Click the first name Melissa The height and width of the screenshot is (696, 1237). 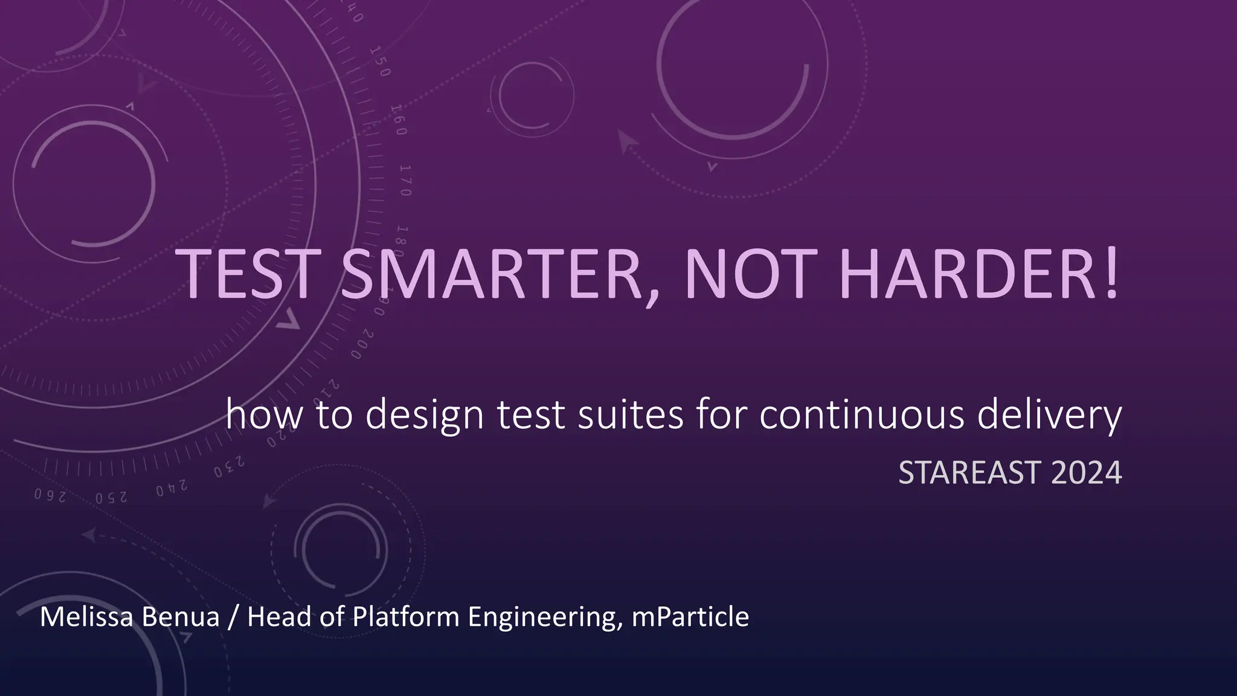click(x=86, y=617)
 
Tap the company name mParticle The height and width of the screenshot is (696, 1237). click(x=690, y=617)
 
